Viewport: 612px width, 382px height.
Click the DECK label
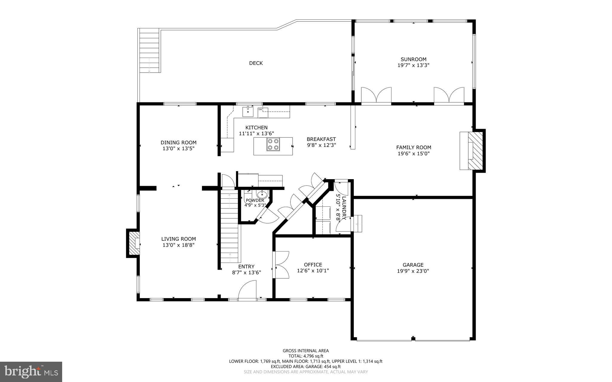coord(256,63)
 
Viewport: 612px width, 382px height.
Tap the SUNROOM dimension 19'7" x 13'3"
coord(413,65)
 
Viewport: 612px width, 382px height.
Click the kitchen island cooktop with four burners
coord(273,144)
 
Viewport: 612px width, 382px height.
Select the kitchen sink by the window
coord(248,111)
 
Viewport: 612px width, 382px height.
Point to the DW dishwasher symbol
coord(260,110)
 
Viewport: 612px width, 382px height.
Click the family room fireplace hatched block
coord(475,151)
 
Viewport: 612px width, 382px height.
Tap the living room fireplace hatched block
coord(133,243)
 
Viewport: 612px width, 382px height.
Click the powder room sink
coord(262,194)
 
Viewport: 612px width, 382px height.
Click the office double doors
coord(281,264)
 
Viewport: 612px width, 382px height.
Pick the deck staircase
coord(150,50)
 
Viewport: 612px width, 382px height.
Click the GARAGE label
coord(413,265)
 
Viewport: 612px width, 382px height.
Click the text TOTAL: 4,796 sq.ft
coord(305,356)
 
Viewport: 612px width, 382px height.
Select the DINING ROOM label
coord(178,142)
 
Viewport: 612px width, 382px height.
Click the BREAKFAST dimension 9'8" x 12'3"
coord(321,145)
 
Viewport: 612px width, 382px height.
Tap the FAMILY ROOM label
coord(414,147)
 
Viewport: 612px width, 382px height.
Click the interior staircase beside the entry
coord(230,227)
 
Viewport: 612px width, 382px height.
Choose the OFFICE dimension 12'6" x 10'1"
coord(313,271)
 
